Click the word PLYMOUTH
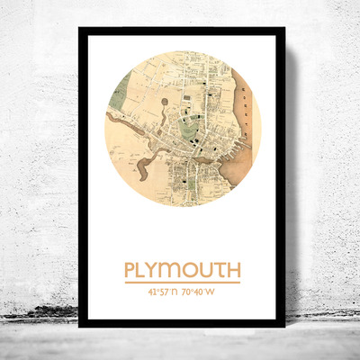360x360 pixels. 182,270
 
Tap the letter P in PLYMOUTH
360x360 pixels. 130,270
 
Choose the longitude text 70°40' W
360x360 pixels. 200,292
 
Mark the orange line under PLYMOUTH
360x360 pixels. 182,283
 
